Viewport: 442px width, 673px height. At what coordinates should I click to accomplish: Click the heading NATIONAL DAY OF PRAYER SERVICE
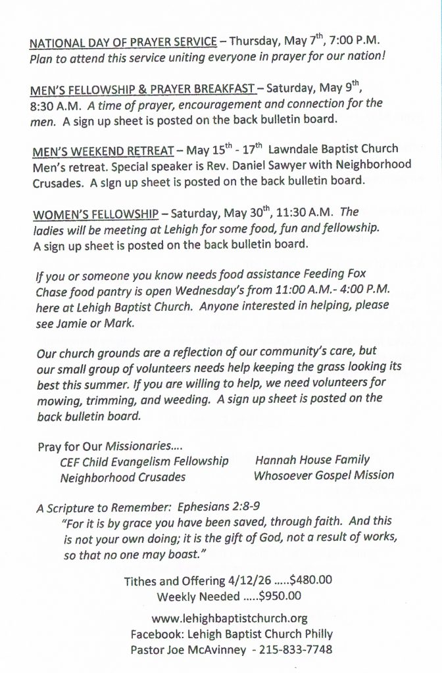click(x=123, y=43)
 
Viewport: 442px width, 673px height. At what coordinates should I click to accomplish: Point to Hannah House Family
click(x=312, y=460)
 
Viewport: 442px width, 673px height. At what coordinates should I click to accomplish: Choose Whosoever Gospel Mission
click(x=324, y=475)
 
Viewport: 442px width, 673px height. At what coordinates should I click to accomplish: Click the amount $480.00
click(x=310, y=581)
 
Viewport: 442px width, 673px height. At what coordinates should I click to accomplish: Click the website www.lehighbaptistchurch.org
click(x=229, y=619)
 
